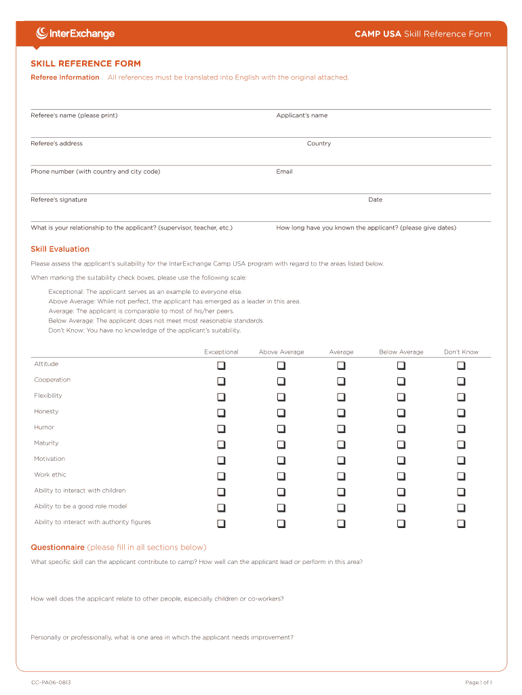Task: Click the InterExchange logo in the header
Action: pos(75,33)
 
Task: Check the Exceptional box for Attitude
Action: pos(221,365)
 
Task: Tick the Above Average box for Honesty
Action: pos(281,413)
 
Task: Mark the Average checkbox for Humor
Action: pos(341,429)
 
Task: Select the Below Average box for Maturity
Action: pos(401,445)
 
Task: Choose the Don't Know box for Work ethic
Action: pos(461,476)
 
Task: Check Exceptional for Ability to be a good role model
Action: pos(221,508)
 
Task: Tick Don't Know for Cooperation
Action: pos(461,381)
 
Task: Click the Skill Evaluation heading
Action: pos(60,249)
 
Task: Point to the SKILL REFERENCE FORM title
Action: pos(85,64)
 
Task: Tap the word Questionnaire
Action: pos(58,547)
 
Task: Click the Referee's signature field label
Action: pos(59,200)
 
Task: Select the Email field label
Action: pos(284,172)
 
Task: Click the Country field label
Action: pos(319,144)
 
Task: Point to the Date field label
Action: pos(375,200)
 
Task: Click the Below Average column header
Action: pos(401,352)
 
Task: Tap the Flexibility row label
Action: pos(48,396)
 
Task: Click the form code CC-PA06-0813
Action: pos(51,682)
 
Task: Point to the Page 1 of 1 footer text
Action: pos(478,682)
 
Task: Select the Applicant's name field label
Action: pos(302,115)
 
